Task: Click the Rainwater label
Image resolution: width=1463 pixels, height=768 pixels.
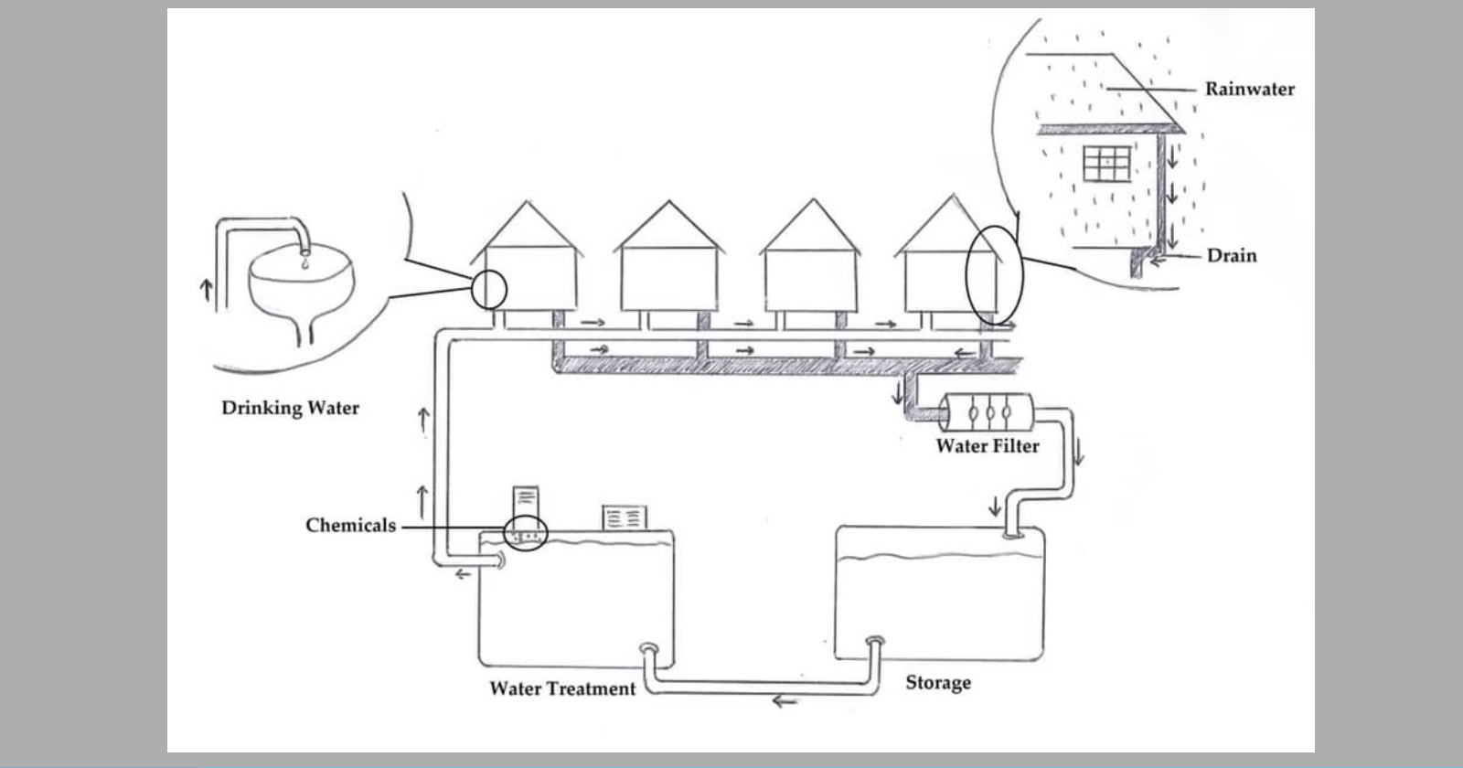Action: (1249, 89)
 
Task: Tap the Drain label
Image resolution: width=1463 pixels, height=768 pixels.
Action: (1232, 255)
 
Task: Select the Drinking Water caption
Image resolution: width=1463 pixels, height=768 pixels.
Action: (290, 408)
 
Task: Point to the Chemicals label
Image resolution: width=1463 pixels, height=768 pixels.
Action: (350, 525)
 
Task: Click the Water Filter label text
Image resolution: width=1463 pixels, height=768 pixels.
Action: (987, 446)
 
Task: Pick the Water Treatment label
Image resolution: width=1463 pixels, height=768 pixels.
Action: (561, 688)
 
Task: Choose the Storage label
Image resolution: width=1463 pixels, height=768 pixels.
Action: (938, 682)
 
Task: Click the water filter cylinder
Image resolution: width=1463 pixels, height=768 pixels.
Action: (987, 411)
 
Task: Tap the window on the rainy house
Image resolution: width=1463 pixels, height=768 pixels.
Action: (1106, 164)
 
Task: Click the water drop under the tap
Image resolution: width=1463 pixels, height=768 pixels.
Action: (304, 262)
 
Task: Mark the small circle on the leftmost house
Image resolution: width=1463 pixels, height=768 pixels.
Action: (488, 290)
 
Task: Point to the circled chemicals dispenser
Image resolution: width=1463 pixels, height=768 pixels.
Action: (525, 533)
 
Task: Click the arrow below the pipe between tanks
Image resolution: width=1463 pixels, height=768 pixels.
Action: (785, 701)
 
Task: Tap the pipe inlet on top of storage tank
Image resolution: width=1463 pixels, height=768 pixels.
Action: (1012, 535)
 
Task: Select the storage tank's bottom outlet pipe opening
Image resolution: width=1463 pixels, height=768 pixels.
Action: (875, 642)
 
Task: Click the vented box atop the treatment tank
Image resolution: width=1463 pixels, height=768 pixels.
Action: (625, 517)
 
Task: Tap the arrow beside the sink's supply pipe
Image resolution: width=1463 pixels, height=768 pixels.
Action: (206, 290)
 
